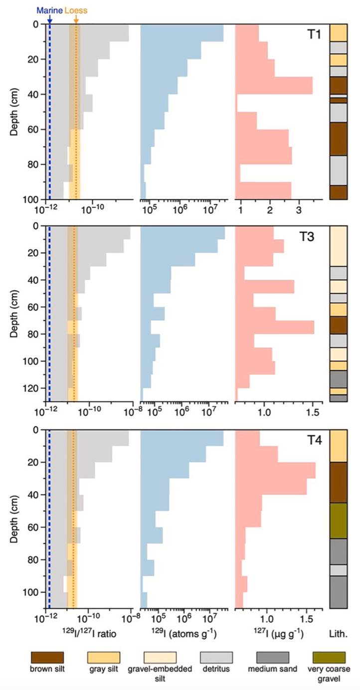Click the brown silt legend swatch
[47, 657]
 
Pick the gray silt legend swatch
[104, 657]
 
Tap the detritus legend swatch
[216, 657]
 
